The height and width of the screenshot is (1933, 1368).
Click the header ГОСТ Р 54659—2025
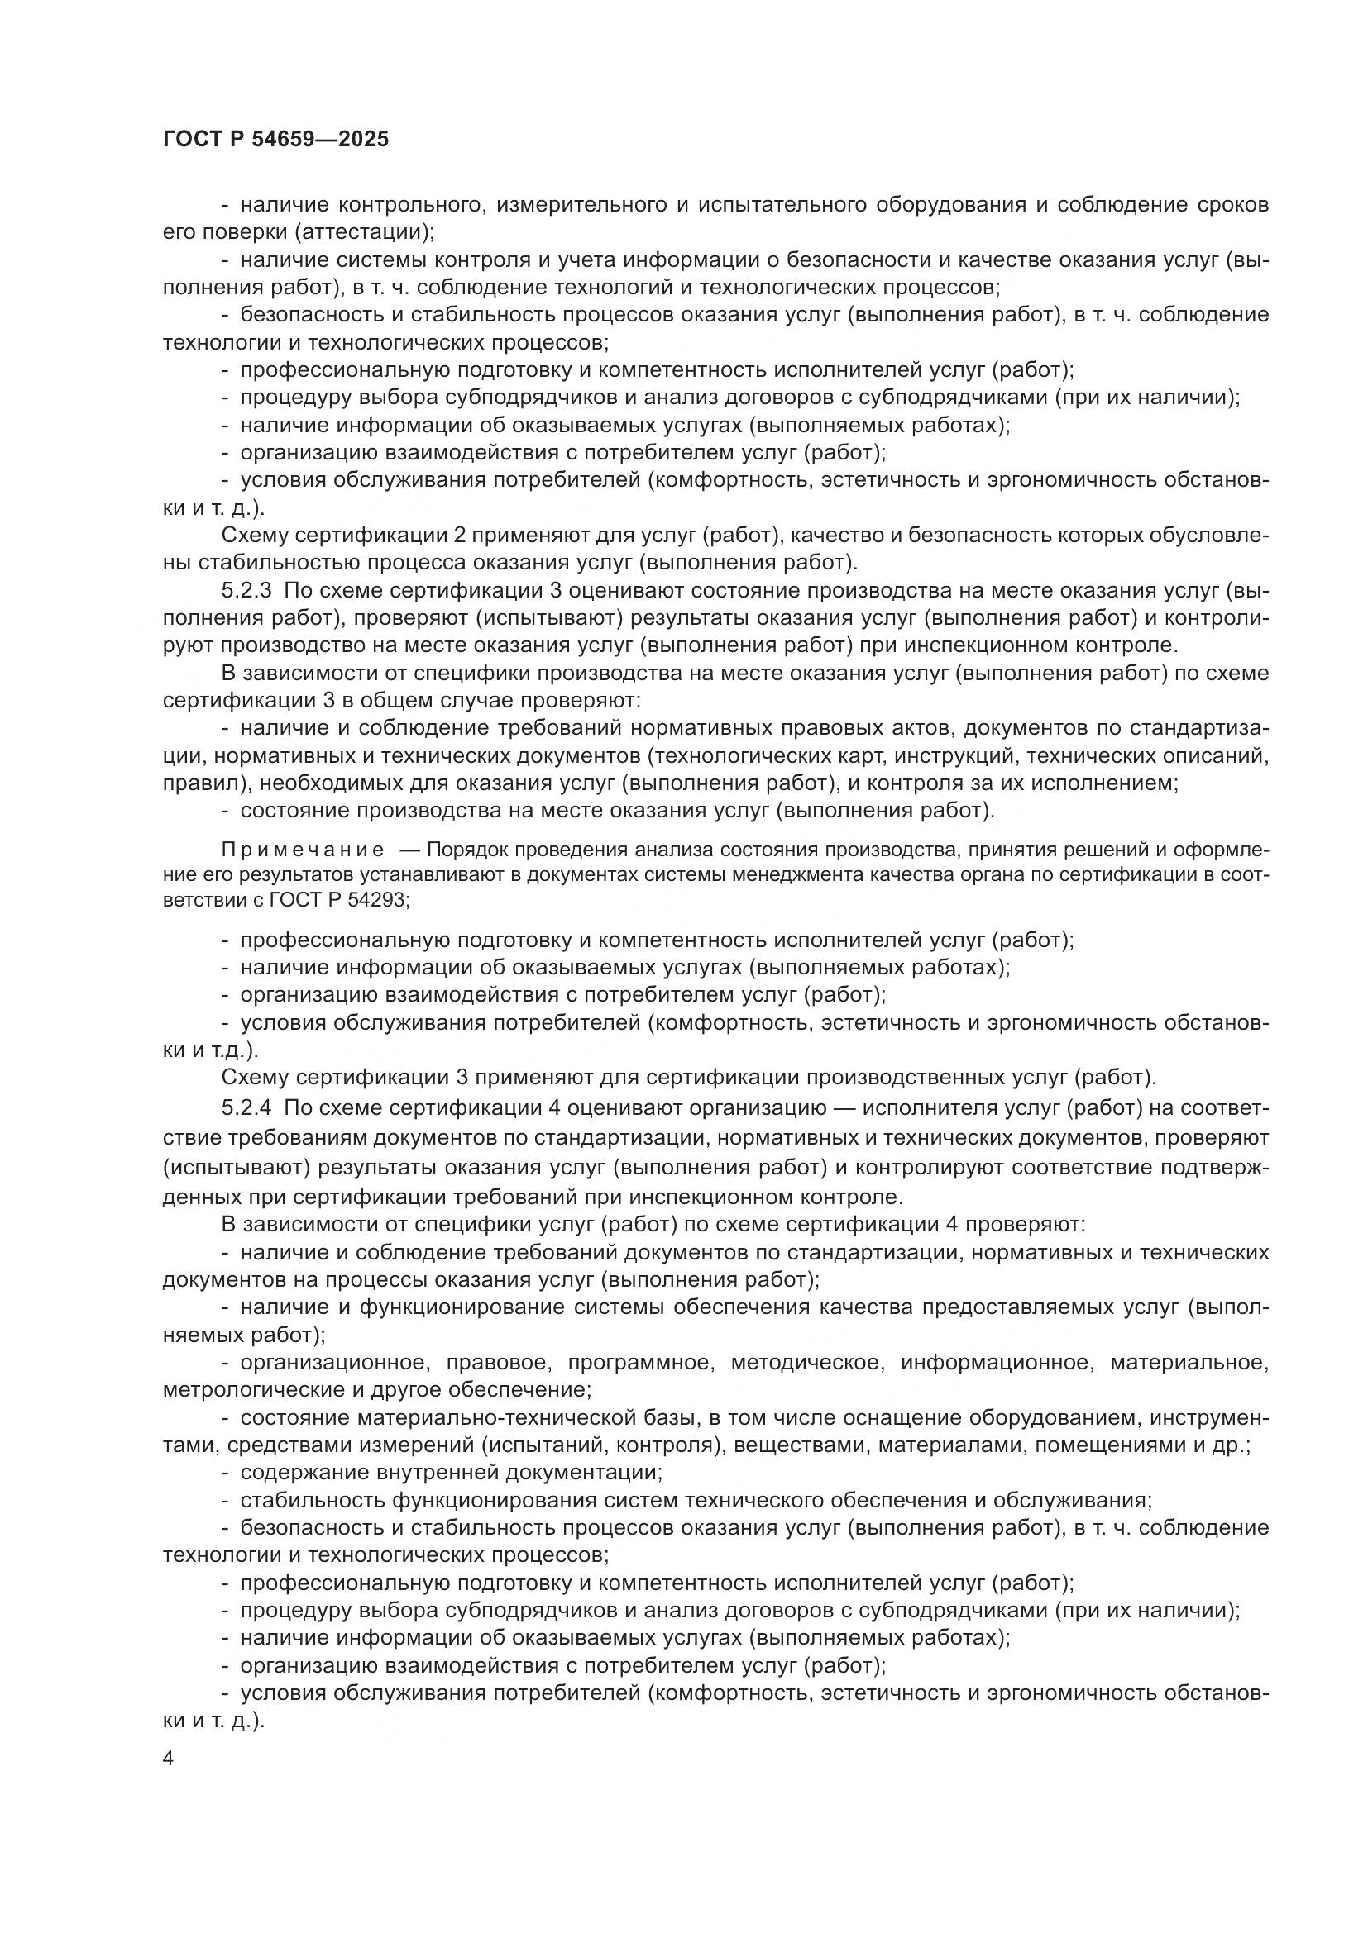click(275, 140)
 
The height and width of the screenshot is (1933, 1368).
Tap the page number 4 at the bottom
click(168, 1759)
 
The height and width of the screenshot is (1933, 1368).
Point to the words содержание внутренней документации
click(451, 1472)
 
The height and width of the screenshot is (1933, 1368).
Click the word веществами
click(788, 1445)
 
